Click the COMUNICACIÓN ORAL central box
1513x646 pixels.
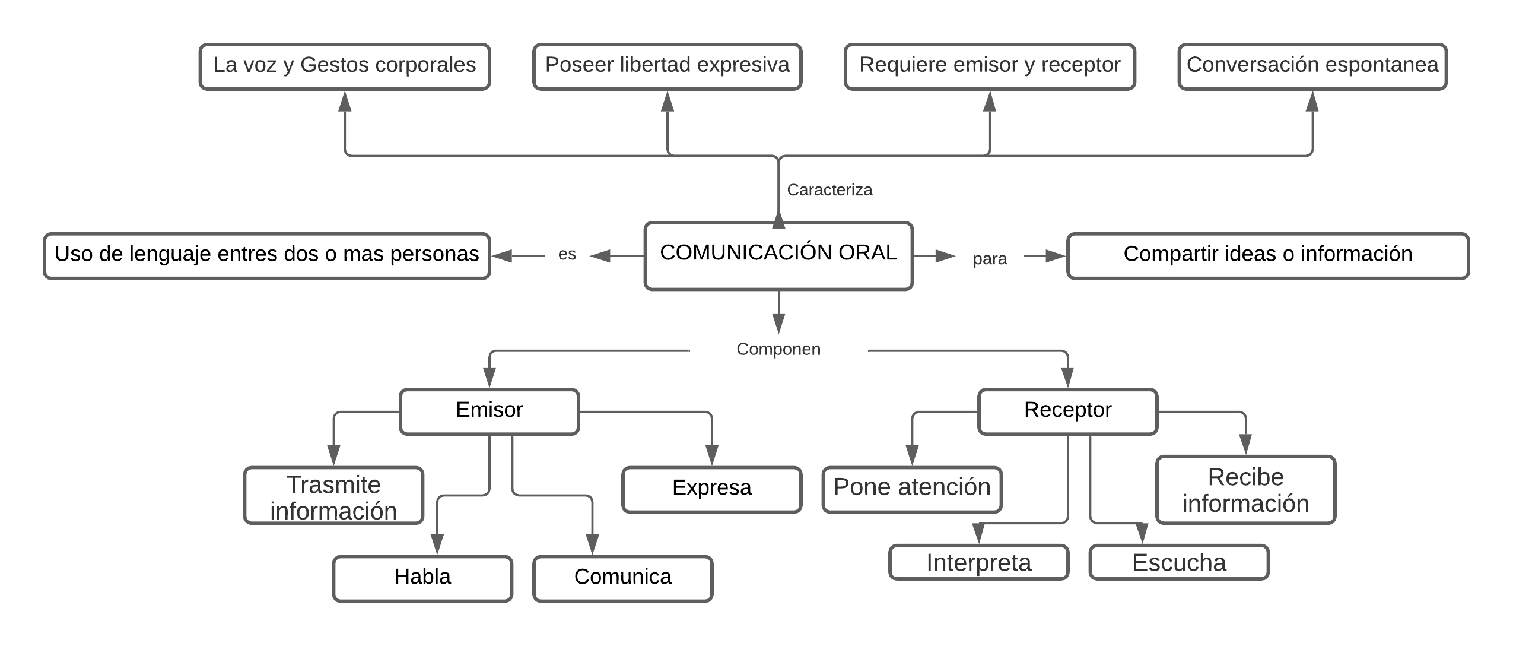coord(778,255)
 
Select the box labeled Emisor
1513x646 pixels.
coord(489,411)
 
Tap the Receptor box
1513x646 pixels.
coord(1067,411)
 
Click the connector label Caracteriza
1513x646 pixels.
coord(829,190)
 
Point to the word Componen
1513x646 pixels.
coord(778,349)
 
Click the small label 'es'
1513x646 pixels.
coord(567,255)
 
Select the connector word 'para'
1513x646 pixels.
coord(989,259)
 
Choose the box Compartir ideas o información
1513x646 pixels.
coord(1267,255)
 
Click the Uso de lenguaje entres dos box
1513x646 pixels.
coord(266,255)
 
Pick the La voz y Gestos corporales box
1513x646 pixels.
coord(344,66)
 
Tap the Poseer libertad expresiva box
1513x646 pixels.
coord(667,66)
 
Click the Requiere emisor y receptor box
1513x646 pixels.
coord(989,66)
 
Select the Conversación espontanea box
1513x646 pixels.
coord(1312,66)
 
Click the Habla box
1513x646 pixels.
coord(422,578)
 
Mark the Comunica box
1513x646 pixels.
coord(622,578)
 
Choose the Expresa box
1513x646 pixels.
coord(711,489)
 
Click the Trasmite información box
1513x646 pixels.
coord(333,496)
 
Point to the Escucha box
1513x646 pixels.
coord(1178,562)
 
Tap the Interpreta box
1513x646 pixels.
coord(978,562)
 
